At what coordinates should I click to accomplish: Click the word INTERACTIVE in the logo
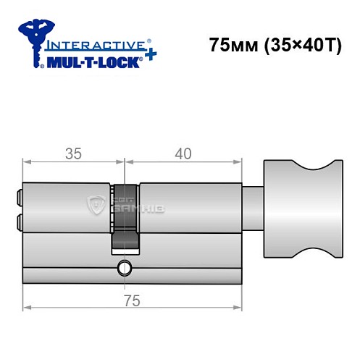99,44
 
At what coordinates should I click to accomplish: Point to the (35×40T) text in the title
297,46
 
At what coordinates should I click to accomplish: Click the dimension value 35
72,153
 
